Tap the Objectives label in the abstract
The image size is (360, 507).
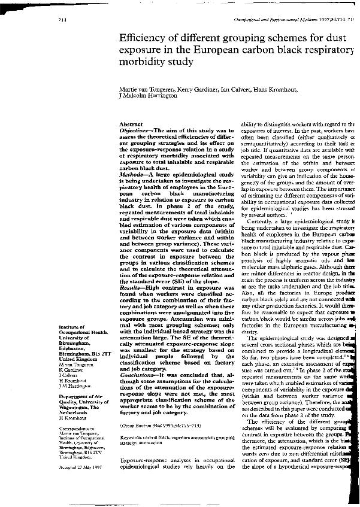tap(136, 130)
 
